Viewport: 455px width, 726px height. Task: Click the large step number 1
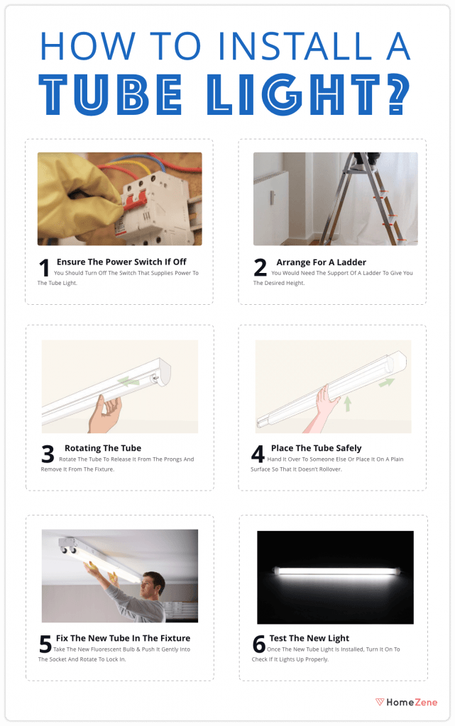click(x=44, y=269)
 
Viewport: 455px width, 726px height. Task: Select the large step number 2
click(x=260, y=269)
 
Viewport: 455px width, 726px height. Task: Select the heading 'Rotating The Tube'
click(x=103, y=448)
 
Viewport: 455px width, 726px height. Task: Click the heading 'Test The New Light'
click(x=309, y=638)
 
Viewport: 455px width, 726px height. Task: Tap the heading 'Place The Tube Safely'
click(x=317, y=448)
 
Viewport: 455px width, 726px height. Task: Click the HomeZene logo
click(x=406, y=702)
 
